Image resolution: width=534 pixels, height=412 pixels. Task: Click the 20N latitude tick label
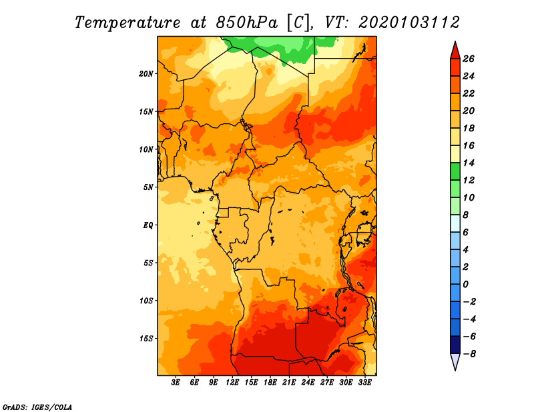tap(146, 74)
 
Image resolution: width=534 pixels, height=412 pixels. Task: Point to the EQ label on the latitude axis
tap(148, 225)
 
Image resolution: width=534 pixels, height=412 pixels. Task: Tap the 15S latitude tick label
tap(146, 339)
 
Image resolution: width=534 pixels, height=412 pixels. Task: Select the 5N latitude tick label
tap(148, 187)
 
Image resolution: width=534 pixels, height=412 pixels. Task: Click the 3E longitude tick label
tap(176, 383)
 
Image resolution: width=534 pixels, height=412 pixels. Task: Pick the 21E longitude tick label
tap(289, 383)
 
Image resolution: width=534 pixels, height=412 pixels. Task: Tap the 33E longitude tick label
tap(364, 383)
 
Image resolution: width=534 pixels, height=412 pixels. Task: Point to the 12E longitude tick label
tap(232, 383)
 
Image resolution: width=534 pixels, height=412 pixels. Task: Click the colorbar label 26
tap(469, 59)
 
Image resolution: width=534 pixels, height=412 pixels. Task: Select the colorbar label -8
tap(470, 354)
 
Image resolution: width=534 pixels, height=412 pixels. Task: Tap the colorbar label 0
tap(465, 285)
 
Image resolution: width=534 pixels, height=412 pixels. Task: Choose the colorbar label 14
tap(469, 163)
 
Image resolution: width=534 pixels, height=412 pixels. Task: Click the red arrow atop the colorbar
tap(455, 51)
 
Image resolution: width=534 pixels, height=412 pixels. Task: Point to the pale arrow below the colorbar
tap(455, 361)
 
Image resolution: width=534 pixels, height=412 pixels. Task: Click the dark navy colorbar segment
tap(455, 345)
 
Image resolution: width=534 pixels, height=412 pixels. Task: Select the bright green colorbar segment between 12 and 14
tap(455, 171)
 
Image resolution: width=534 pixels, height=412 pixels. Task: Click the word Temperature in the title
tap(127, 23)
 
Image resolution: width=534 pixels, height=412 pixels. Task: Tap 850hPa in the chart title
tap(246, 23)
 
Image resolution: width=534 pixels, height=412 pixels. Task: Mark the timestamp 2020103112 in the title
tap(409, 23)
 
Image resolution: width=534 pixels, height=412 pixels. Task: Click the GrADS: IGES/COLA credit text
tap(37, 407)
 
